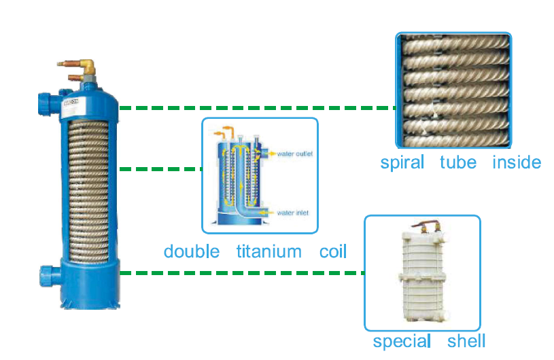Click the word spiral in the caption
[402, 162]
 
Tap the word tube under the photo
[457, 162]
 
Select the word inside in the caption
[516, 162]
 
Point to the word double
[191, 251]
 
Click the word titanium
[269, 251]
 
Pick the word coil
[333, 251]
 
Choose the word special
[401, 340]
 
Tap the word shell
[466, 340]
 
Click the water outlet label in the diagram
[294, 154]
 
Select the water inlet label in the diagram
[293, 213]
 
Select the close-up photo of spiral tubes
[453, 90]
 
